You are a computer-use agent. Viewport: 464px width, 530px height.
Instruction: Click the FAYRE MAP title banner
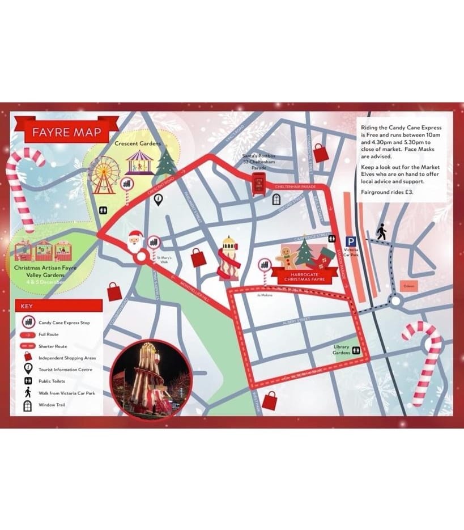pyautogui.click(x=66, y=133)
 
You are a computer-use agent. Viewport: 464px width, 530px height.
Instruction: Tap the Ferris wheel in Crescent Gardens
pyautogui.click(x=104, y=171)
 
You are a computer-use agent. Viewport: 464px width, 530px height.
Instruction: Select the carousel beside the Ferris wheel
pyautogui.click(x=139, y=162)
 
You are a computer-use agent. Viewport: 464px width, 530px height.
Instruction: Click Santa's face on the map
pyautogui.click(x=134, y=241)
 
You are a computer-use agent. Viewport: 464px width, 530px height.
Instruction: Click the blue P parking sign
pyautogui.click(x=351, y=241)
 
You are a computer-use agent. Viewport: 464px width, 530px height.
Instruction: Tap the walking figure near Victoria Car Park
pyautogui.click(x=381, y=231)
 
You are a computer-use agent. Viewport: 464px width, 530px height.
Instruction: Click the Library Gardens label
pyautogui.click(x=341, y=350)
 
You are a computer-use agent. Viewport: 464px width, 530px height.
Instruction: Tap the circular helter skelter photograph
pyautogui.click(x=151, y=379)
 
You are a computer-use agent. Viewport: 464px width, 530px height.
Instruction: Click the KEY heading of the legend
pyautogui.click(x=27, y=306)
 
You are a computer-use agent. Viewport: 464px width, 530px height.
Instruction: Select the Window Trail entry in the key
pyautogui.click(x=55, y=405)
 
